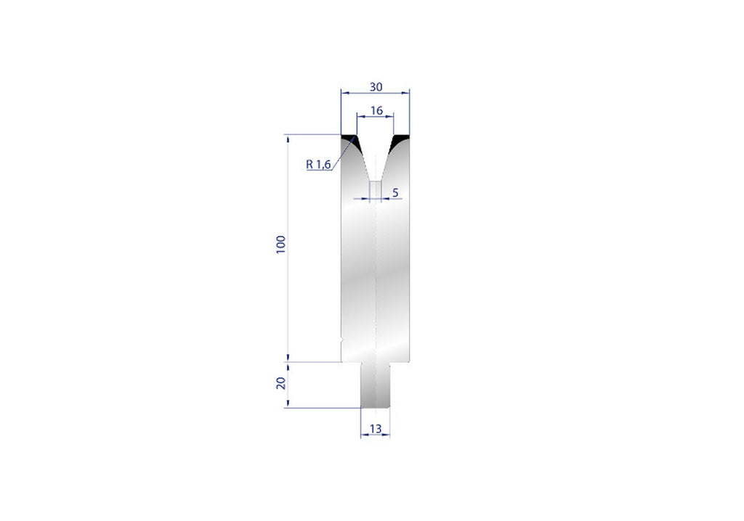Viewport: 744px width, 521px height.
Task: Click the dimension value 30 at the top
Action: coord(375,86)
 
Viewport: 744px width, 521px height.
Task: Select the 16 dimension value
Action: coord(376,110)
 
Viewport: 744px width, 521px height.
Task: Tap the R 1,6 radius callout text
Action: coord(318,165)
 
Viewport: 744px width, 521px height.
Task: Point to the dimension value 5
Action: coord(395,192)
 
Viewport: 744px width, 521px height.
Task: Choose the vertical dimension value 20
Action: coord(281,383)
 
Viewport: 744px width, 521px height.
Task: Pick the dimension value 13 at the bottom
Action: coord(375,429)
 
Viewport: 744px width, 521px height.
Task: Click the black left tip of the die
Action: coord(349,138)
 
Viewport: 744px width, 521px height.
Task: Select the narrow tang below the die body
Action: coord(375,385)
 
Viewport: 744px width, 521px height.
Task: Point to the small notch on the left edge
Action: coord(341,338)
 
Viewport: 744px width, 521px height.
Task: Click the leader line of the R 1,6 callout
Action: coord(343,152)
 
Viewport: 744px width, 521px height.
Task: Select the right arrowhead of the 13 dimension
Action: coord(387,435)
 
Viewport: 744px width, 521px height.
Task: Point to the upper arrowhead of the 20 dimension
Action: coord(288,364)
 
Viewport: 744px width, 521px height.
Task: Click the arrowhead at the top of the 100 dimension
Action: coord(288,137)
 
